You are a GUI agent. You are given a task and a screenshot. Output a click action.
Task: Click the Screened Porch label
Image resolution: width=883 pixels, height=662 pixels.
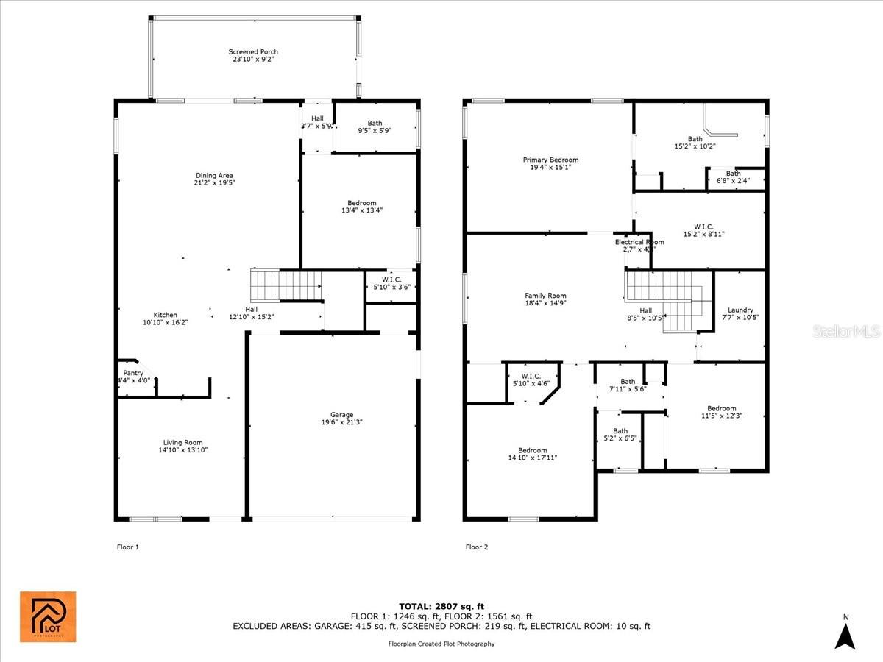pos(253,52)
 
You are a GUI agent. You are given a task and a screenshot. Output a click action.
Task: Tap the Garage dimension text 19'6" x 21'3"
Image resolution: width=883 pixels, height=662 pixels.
pos(341,422)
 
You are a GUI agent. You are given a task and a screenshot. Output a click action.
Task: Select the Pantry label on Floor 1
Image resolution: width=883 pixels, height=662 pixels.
pos(133,373)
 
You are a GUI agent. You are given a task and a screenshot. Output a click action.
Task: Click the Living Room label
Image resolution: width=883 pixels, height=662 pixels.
pos(182,443)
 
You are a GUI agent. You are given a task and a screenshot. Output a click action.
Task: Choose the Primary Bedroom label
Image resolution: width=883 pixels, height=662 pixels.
pos(550,160)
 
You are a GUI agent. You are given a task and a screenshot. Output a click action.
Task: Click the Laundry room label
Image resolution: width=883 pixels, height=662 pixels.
pos(740,310)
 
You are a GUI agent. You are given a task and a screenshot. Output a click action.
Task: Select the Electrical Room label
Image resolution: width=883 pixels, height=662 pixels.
pos(639,242)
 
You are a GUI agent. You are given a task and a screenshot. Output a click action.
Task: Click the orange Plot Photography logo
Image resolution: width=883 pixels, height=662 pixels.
pos(47,616)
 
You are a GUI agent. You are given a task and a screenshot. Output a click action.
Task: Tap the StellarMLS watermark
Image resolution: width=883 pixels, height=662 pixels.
pos(846,332)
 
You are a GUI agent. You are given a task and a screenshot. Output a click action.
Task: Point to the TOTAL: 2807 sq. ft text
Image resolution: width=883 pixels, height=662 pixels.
pos(441,605)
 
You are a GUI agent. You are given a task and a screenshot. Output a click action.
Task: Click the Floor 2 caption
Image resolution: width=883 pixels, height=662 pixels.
pos(476,547)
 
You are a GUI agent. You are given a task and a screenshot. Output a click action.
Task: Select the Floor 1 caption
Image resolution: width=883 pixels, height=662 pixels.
pos(127,547)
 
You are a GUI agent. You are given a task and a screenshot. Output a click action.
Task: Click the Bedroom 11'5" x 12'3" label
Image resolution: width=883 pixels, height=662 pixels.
pos(721,409)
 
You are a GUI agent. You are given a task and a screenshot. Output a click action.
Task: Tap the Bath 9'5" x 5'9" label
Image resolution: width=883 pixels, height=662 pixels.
pos(375,124)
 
